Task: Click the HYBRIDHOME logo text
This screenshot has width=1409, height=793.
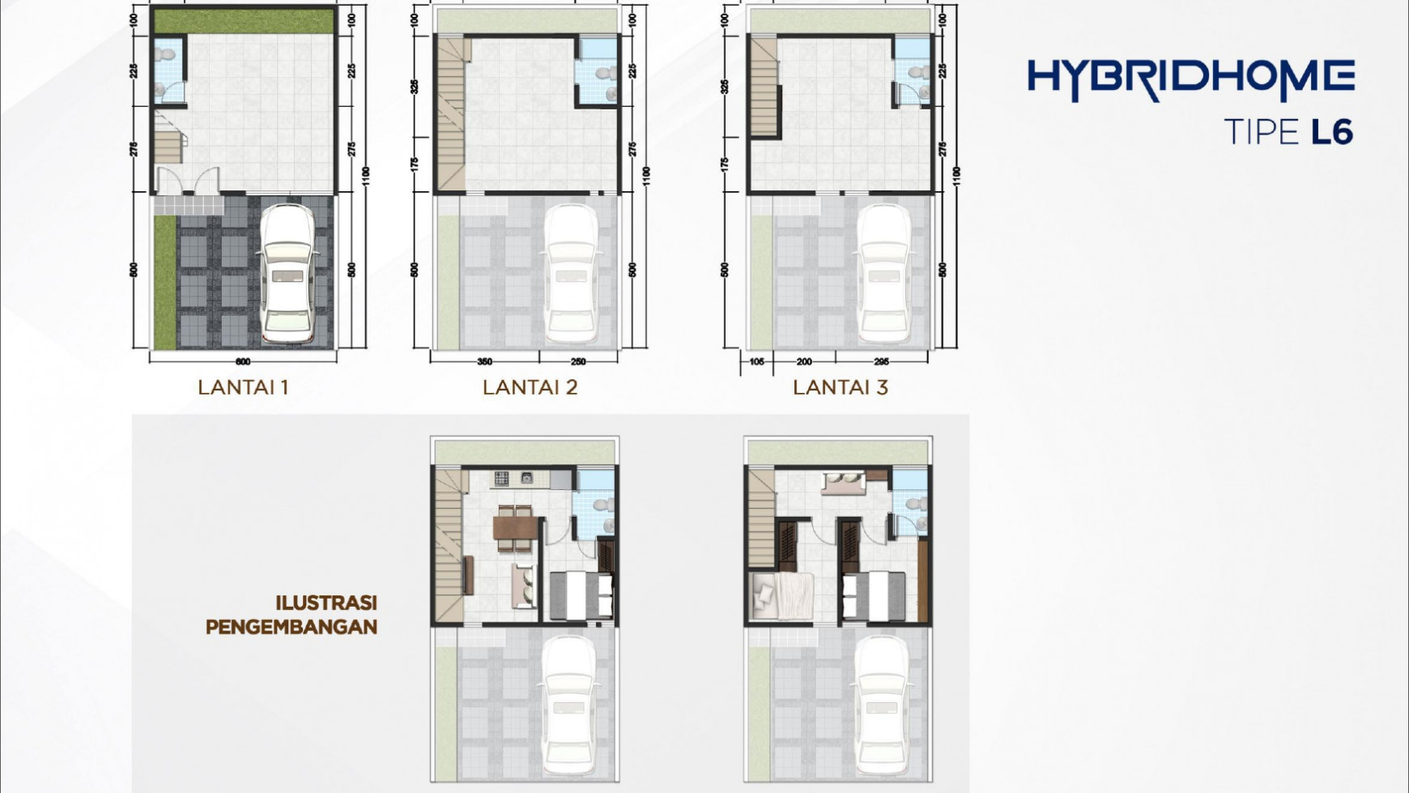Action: coord(1190,79)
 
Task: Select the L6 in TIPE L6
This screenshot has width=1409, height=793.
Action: coord(1331,132)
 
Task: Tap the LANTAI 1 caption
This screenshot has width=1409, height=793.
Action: coord(243,387)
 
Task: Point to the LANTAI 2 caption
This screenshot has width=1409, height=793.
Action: coord(530,387)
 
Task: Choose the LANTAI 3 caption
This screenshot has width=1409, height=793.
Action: coord(840,387)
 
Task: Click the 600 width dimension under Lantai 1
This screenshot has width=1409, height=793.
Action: coord(243,361)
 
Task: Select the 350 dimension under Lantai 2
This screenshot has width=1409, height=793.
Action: coord(484,361)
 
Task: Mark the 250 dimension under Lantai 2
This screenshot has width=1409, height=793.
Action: coord(578,361)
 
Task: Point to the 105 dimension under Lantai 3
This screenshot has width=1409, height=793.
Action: coord(756,361)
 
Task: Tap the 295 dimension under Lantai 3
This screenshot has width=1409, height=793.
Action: coord(882,361)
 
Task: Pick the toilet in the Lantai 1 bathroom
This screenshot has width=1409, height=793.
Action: coord(168,54)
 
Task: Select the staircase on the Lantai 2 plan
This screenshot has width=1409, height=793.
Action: coord(450,113)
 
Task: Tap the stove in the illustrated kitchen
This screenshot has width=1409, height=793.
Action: coord(502,478)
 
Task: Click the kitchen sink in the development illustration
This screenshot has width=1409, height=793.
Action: coord(527,478)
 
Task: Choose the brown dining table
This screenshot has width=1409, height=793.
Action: coord(513,528)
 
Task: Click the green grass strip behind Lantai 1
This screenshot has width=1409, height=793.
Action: coord(243,20)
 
